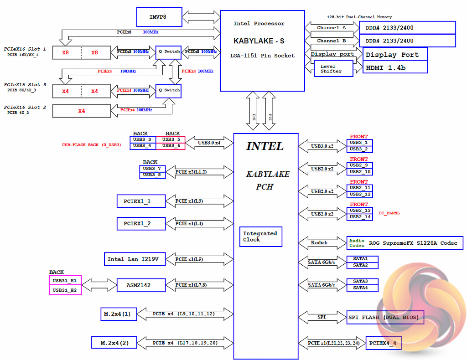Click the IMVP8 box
point(159,17)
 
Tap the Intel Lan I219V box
point(133,259)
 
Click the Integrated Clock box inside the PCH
point(261,237)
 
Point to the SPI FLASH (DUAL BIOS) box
point(384,318)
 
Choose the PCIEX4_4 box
point(384,343)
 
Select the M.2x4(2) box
point(114,342)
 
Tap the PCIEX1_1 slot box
point(141,201)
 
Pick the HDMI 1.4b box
point(395,67)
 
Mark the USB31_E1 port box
point(65,280)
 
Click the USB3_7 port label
point(152,169)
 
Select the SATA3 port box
point(362,281)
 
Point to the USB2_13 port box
point(360,211)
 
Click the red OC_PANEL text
point(389,213)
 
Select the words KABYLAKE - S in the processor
point(259,41)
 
